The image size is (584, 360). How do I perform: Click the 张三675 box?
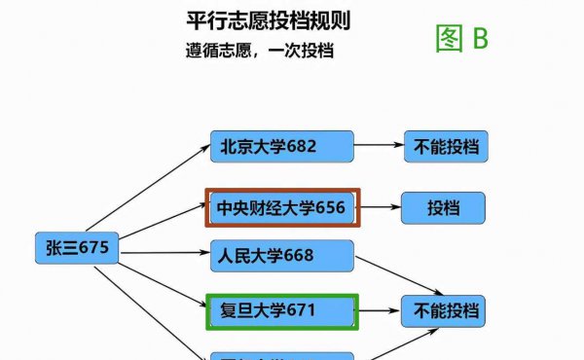point(77,249)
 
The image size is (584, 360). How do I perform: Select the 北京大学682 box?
point(281,148)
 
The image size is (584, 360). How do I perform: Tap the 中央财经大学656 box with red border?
point(281,207)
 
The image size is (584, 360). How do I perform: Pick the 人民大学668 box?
point(281,256)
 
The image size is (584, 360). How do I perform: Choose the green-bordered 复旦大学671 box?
point(281,312)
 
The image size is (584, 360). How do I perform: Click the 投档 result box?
point(444,207)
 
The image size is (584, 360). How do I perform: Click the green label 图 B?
point(460,38)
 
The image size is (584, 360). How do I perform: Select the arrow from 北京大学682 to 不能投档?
point(380,148)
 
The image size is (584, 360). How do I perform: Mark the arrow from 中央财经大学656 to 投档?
point(380,207)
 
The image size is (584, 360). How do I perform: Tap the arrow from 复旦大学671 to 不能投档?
point(380,312)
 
